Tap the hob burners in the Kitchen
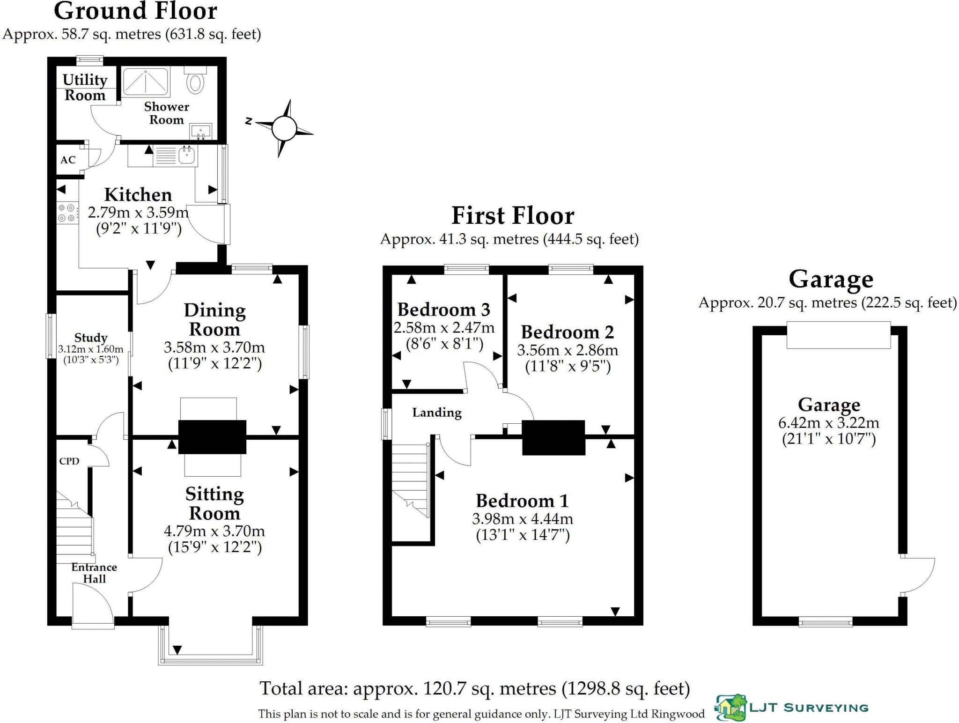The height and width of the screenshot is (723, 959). [66, 213]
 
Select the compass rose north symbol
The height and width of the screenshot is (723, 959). [249, 121]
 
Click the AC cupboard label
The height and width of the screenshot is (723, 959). [68, 160]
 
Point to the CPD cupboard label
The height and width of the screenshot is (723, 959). [69, 461]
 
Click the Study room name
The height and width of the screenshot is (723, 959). [91, 338]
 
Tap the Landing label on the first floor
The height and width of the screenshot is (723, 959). [436, 413]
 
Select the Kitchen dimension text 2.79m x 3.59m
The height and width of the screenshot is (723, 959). [138, 213]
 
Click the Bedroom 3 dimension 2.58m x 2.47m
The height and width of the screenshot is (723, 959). [444, 328]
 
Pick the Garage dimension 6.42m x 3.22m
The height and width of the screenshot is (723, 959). [828, 423]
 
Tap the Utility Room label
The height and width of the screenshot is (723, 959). [85, 88]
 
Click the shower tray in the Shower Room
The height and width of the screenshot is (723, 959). [146, 81]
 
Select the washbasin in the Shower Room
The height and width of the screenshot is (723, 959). [201, 131]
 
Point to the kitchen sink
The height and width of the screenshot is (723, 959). [187, 155]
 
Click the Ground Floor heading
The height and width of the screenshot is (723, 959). [135, 11]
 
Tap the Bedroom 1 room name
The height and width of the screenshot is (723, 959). [522, 501]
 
